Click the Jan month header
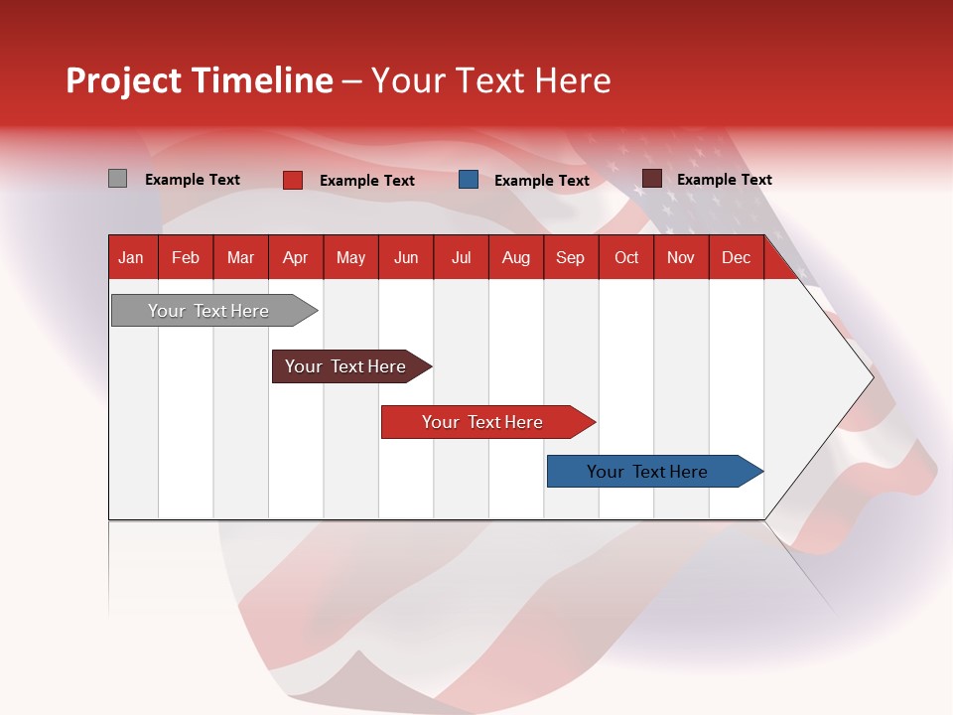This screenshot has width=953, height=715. coord(132,257)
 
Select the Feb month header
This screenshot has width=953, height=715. coord(186,257)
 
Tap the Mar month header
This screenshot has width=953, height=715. coord(240,257)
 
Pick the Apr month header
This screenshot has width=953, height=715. coord(296,257)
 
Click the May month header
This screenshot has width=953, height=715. coord(350,257)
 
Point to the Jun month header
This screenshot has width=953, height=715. coord(406,257)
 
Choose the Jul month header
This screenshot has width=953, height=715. coord(461,257)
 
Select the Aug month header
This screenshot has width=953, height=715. coord(516,257)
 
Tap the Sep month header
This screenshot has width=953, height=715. coord(571,257)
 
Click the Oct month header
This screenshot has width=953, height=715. coord(626,257)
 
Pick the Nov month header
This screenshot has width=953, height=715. coord(681,257)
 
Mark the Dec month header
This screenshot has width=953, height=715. coord(737,257)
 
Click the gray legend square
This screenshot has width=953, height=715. coord(117,179)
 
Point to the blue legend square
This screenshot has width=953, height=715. coord(469,180)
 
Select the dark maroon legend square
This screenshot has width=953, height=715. coord(651,179)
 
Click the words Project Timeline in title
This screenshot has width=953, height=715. coord(200,80)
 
